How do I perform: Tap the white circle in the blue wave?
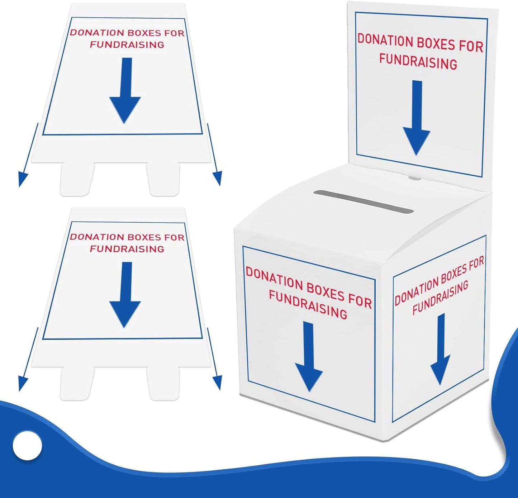coord(27,445)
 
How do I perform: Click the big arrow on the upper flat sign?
coord(125,93)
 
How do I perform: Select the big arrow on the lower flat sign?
coord(125,298)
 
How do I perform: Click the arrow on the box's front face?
coord(309,359)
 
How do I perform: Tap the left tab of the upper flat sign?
coord(77,179)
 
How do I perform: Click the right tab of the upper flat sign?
coord(163,179)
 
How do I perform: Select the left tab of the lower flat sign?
coord(77,383)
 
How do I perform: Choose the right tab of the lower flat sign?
coord(163,383)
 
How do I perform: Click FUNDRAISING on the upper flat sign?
coord(127,45)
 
